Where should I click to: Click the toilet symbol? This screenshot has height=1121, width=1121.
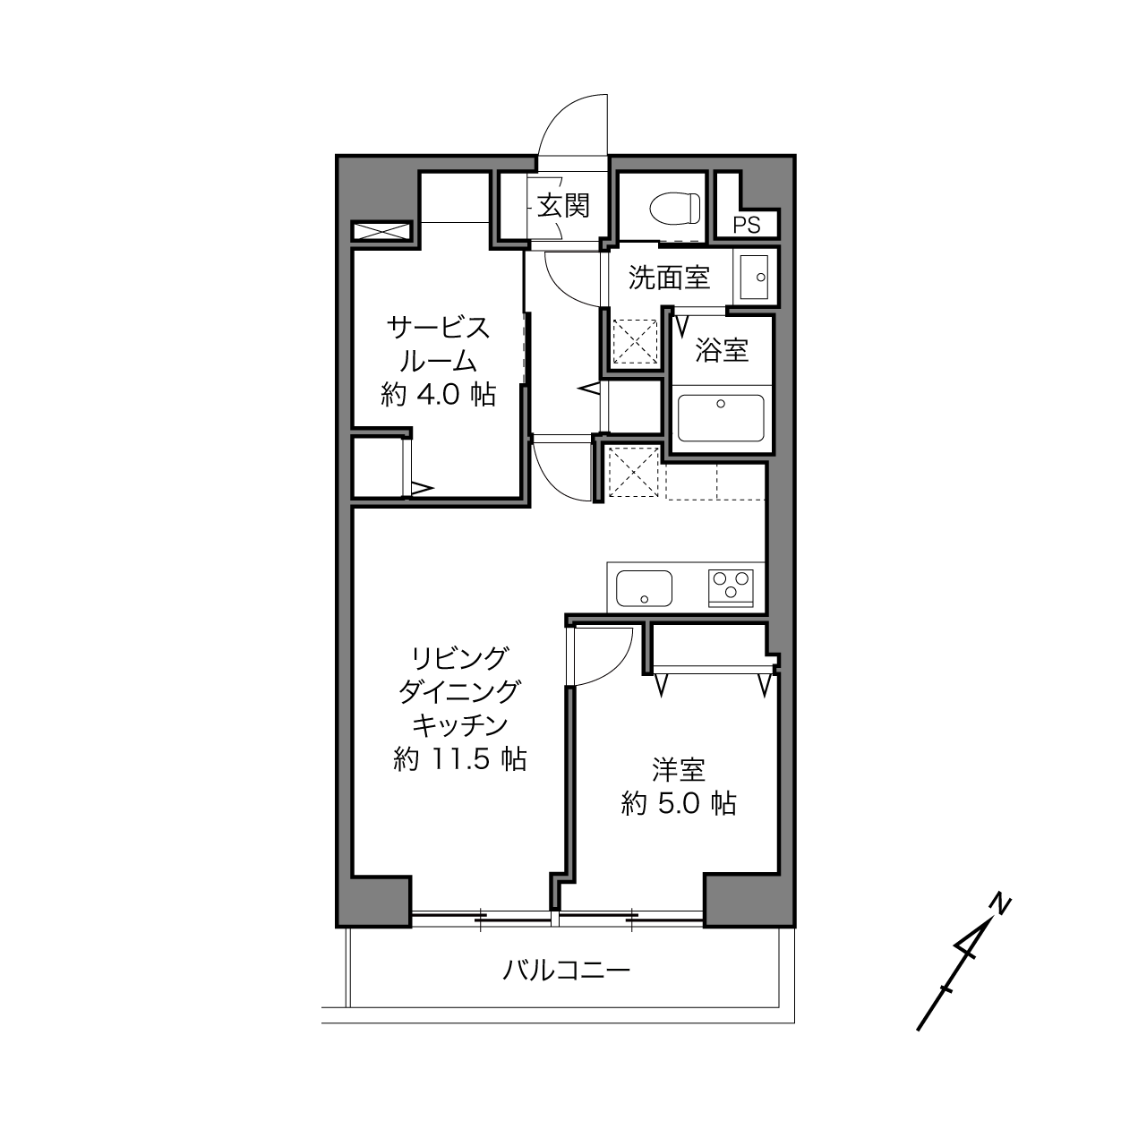coord(675,209)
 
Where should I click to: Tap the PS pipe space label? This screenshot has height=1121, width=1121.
coord(747,225)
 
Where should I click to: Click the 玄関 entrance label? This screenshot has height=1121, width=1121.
coord(562,206)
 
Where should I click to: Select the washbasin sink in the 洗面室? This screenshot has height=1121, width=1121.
coord(754,277)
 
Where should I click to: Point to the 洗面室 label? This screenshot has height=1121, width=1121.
coord(669,278)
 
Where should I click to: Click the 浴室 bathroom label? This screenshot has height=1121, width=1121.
coord(722,350)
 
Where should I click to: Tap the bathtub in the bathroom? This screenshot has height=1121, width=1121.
coord(721,418)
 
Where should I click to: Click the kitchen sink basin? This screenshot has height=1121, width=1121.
coord(644,588)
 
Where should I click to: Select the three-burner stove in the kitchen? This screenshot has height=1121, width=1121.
coord(731,588)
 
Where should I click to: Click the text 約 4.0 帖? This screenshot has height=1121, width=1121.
coord(438,395)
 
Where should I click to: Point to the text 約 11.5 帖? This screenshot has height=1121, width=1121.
coord(459,759)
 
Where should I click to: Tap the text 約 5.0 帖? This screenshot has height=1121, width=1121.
coord(679,804)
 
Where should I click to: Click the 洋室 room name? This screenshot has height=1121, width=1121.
coord(679,770)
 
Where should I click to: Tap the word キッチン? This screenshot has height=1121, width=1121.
coord(459,725)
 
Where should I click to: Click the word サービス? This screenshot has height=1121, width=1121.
coord(438,328)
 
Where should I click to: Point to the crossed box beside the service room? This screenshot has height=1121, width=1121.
coord(382,232)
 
